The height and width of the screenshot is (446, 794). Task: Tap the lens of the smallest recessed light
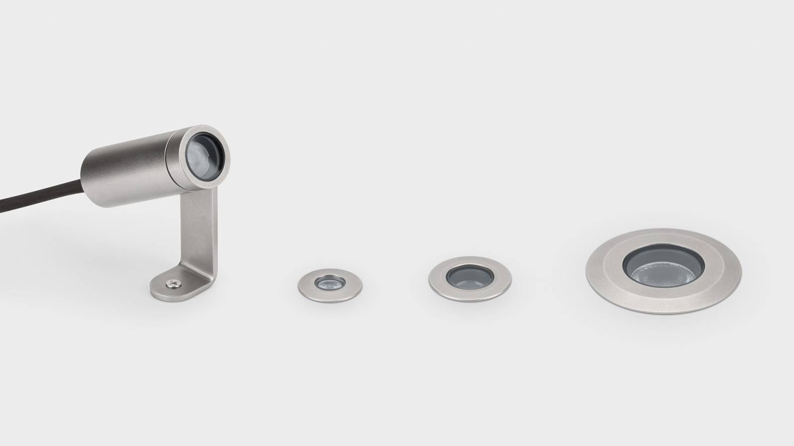(329, 283)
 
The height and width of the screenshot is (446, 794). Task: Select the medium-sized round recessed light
(470, 278)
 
